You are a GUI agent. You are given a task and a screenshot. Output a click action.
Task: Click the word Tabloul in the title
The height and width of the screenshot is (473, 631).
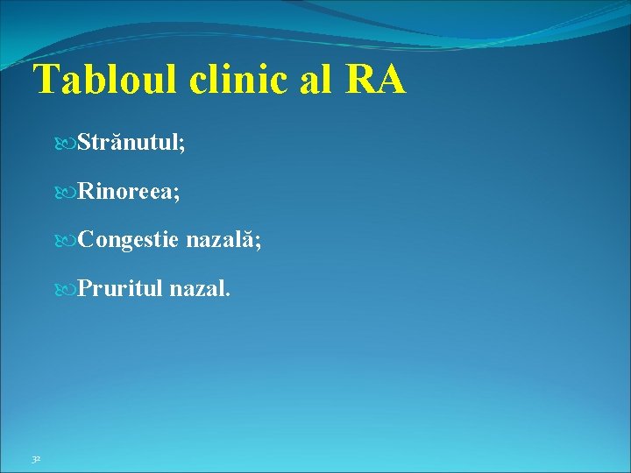point(107,81)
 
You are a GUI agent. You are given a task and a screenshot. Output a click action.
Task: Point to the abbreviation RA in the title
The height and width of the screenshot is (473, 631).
point(377,81)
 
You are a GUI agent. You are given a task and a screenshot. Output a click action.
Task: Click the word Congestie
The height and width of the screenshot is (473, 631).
point(128,240)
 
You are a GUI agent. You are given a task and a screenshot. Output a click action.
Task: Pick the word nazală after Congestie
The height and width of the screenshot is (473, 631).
point(221,240)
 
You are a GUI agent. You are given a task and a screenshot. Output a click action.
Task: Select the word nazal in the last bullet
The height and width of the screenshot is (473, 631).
point(197,289)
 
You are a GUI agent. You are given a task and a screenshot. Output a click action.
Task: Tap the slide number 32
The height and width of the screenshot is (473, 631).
point(35,459)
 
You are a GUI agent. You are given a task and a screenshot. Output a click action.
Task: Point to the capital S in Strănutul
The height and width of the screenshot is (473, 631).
point(83,142)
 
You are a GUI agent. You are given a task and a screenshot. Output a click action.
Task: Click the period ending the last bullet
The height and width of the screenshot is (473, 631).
point(229,295)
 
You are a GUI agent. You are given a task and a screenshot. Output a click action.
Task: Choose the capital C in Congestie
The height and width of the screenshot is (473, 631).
point(85,240)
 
